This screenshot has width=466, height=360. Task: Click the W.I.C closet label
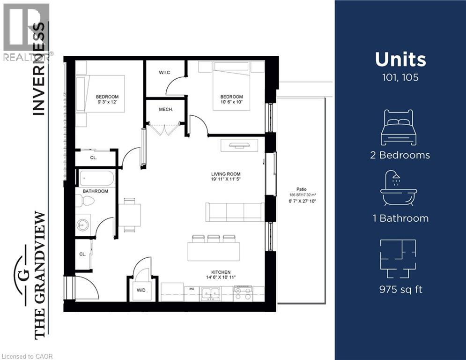coord(164,72)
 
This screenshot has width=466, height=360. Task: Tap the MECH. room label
coord(166,109)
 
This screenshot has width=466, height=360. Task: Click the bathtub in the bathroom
coord(96,179)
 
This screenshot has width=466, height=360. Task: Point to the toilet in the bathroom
coord(85,201)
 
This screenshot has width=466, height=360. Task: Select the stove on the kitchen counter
coord(243,293)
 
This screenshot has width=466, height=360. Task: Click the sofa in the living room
coord(235,212)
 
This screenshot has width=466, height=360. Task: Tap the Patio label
coord(294,189)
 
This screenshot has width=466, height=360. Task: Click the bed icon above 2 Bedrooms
coord(398,128)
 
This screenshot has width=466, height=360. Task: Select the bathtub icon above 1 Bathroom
coord(399,188)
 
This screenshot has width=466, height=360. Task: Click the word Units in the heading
coord(400,60)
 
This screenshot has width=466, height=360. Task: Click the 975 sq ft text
coord(400,289)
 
